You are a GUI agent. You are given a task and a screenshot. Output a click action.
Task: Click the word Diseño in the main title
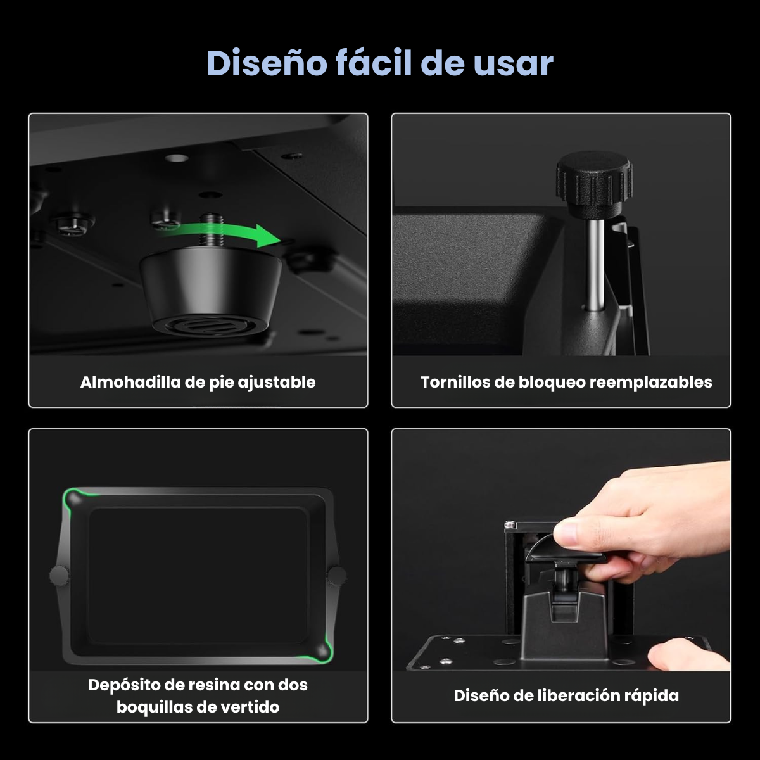[267, 63]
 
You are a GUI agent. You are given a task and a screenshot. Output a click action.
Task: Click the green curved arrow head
[268, 236]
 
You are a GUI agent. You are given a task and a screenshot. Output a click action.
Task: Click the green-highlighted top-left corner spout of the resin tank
[73, 499]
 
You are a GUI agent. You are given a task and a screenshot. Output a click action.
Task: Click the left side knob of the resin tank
[59, 576]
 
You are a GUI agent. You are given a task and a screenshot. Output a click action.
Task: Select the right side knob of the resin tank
[337, 576]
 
